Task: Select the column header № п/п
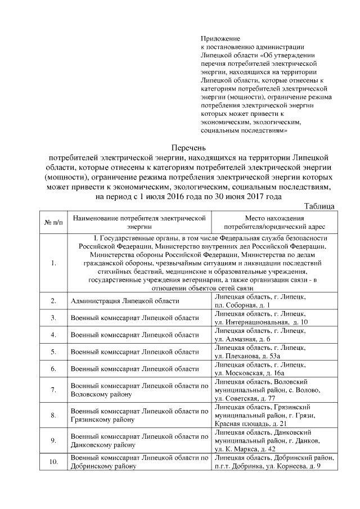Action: click(x=53, y=222)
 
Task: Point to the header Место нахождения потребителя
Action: click(x=274, y=222)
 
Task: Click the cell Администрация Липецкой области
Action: click(x=125, y=301)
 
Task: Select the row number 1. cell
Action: click(x=53, y=263)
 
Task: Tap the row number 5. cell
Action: click(x=53, y=352)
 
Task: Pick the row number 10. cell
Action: click(x=53, y=462)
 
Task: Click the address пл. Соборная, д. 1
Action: click(x=242, y=305)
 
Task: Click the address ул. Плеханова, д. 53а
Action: click(x=247, y=356)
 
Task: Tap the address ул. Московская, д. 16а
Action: click(x=249, y=373)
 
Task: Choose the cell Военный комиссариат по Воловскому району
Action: click(x=138, y=390)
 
